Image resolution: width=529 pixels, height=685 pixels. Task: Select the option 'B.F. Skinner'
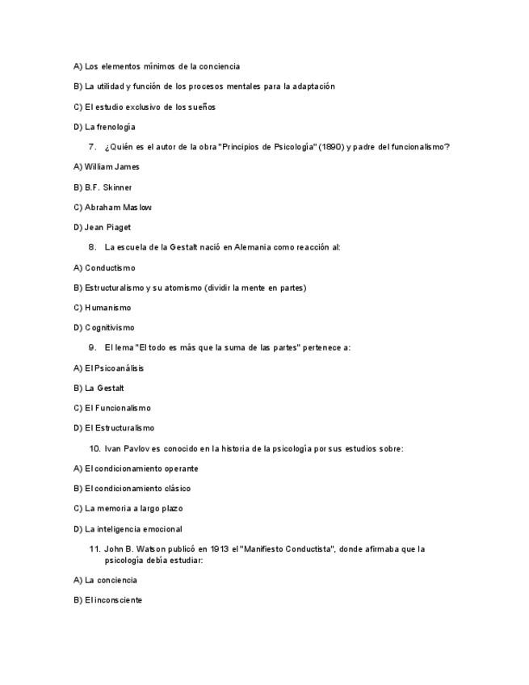pyautogui.click(x=107, y=187)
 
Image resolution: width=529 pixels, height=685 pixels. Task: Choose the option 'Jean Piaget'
pyautogui.click(x=107, y=228)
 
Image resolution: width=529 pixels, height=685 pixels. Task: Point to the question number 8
pyautogui.click(x=92, y=247)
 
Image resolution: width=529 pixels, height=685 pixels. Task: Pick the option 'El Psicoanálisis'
pyautogui.click(x=114, y=368)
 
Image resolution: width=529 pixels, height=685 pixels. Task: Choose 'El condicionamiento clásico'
pyautogui.click(x=137, y=489)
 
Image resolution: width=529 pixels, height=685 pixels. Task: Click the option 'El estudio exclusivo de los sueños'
pyautogui.click(x=149, y=107)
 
